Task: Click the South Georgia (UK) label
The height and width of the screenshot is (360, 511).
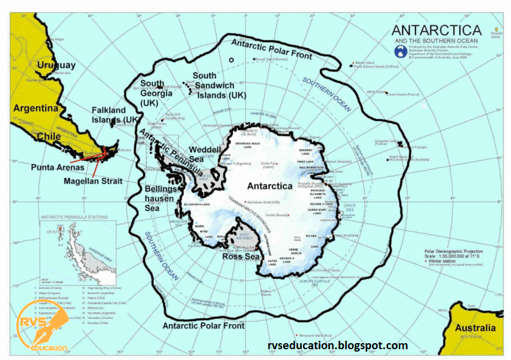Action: point(152,93)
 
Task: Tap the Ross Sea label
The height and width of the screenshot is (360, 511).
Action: point(240,257)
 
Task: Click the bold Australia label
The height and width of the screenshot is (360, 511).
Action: point(475,328)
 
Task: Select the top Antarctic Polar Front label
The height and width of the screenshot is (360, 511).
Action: point(272,49)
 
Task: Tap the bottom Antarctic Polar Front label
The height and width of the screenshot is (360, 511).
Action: point(204,326)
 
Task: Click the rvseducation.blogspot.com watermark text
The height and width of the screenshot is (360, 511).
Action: point(337,346)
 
